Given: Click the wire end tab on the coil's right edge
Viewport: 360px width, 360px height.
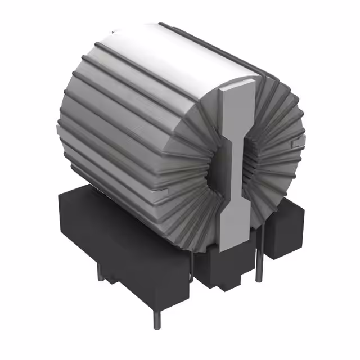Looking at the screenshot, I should coord(298,138).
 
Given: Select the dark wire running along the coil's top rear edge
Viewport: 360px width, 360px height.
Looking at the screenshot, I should coord(219,45).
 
